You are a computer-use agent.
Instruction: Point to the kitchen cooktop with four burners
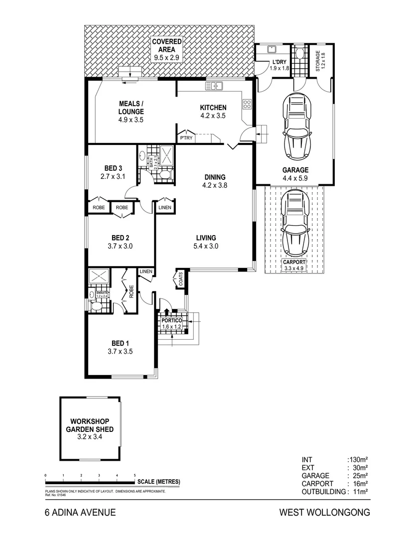click(247, 104)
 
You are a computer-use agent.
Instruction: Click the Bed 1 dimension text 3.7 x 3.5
click(120, 351)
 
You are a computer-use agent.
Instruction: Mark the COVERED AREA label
click(167, 49)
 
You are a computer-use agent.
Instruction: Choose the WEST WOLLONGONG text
click(324, 512)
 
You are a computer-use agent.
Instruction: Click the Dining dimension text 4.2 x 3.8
click(214, 186)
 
